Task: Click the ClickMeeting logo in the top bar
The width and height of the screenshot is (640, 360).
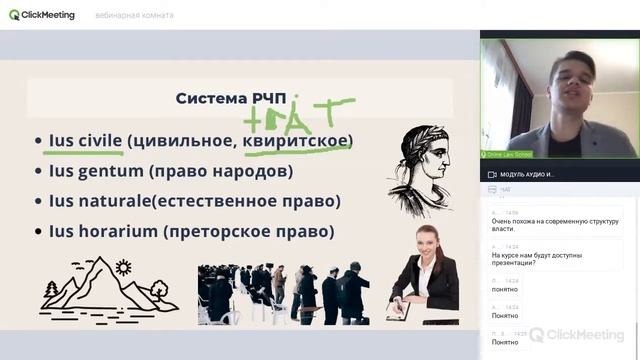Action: point(42,15)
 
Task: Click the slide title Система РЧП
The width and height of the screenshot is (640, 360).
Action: point(230,98)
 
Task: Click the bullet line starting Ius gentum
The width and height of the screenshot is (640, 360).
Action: point(170,171)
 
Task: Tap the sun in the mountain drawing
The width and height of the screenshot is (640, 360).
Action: point(123,267)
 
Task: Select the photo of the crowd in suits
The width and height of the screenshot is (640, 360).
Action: point(284,293)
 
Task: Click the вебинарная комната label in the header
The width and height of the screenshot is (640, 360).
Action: point(134,15)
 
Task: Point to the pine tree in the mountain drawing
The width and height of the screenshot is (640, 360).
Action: point(51,291)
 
